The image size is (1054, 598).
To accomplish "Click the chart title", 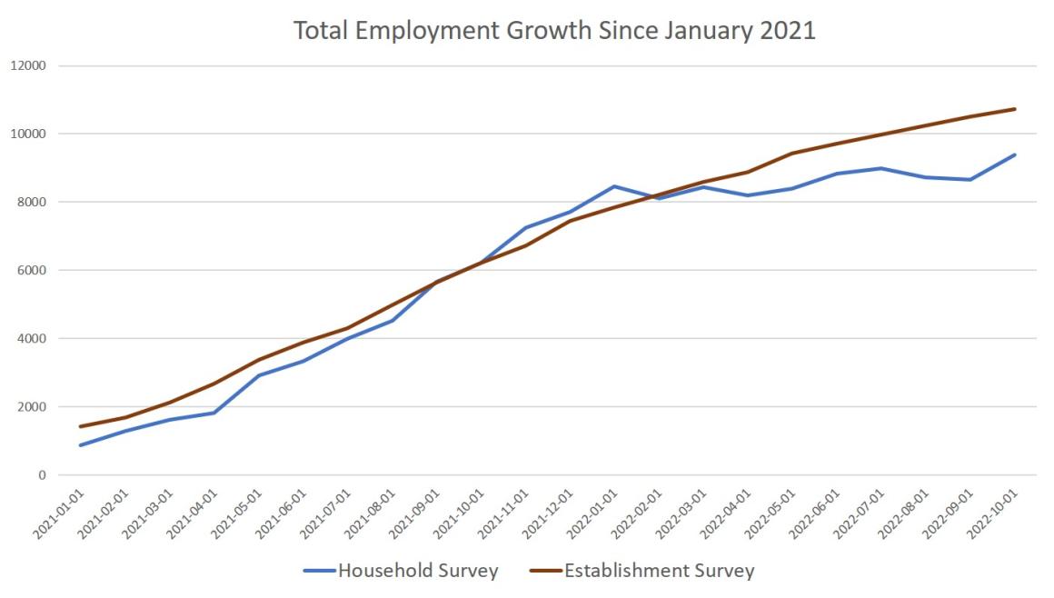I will (x=554, y=31).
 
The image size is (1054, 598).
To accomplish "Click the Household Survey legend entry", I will (x=418, y=571).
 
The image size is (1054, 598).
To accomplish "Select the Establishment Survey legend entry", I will (x=659, y=571).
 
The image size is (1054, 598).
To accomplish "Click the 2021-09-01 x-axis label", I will (x=417, y=511).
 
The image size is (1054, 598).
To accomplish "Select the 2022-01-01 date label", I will (x=595, y=511).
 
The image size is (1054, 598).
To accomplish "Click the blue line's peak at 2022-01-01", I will (x=615, y=186).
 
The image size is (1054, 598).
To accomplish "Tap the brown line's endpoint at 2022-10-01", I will (x=1015, y=109).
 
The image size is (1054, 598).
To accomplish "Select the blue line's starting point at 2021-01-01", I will (x=81, y=445).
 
